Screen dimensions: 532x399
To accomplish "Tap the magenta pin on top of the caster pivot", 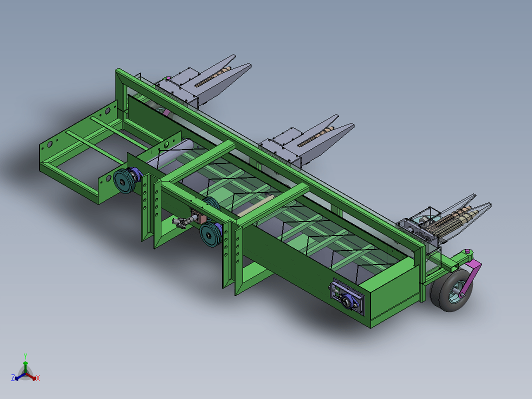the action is tap(467, 251).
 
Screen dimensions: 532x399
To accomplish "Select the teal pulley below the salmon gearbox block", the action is tap(210, 234).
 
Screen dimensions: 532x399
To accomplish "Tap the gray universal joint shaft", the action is tap(182, 222).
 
